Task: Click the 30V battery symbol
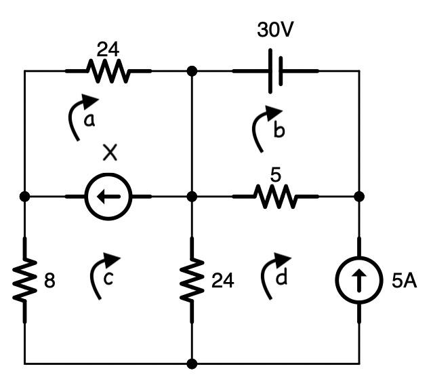pyautogui.click(x=275, y=71)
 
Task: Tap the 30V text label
pyautogui.click(x=275, y=31)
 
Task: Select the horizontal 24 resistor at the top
pyautogui.click(x=108, y=71)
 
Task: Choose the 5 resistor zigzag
pyautogui.click(x=275, y=197)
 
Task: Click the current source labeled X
pyautogui.click(x=108, y=197)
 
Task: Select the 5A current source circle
pyautogui.click(x=359, y=280)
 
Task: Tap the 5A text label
pyautogui.click(x=404, y=281)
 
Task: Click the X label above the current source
pyautogui.click(x=110, y=153)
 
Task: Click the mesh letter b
pyautogui.click(x=279, y=131)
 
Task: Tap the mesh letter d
pyautogui.click(x=279, y=279)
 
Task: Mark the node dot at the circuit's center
pyautogui.click(x=192, y=197)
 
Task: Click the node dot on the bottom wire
pyautogui.click(x=192, y=364)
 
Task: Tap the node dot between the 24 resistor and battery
pyautogui.click(x=192, y=71)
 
